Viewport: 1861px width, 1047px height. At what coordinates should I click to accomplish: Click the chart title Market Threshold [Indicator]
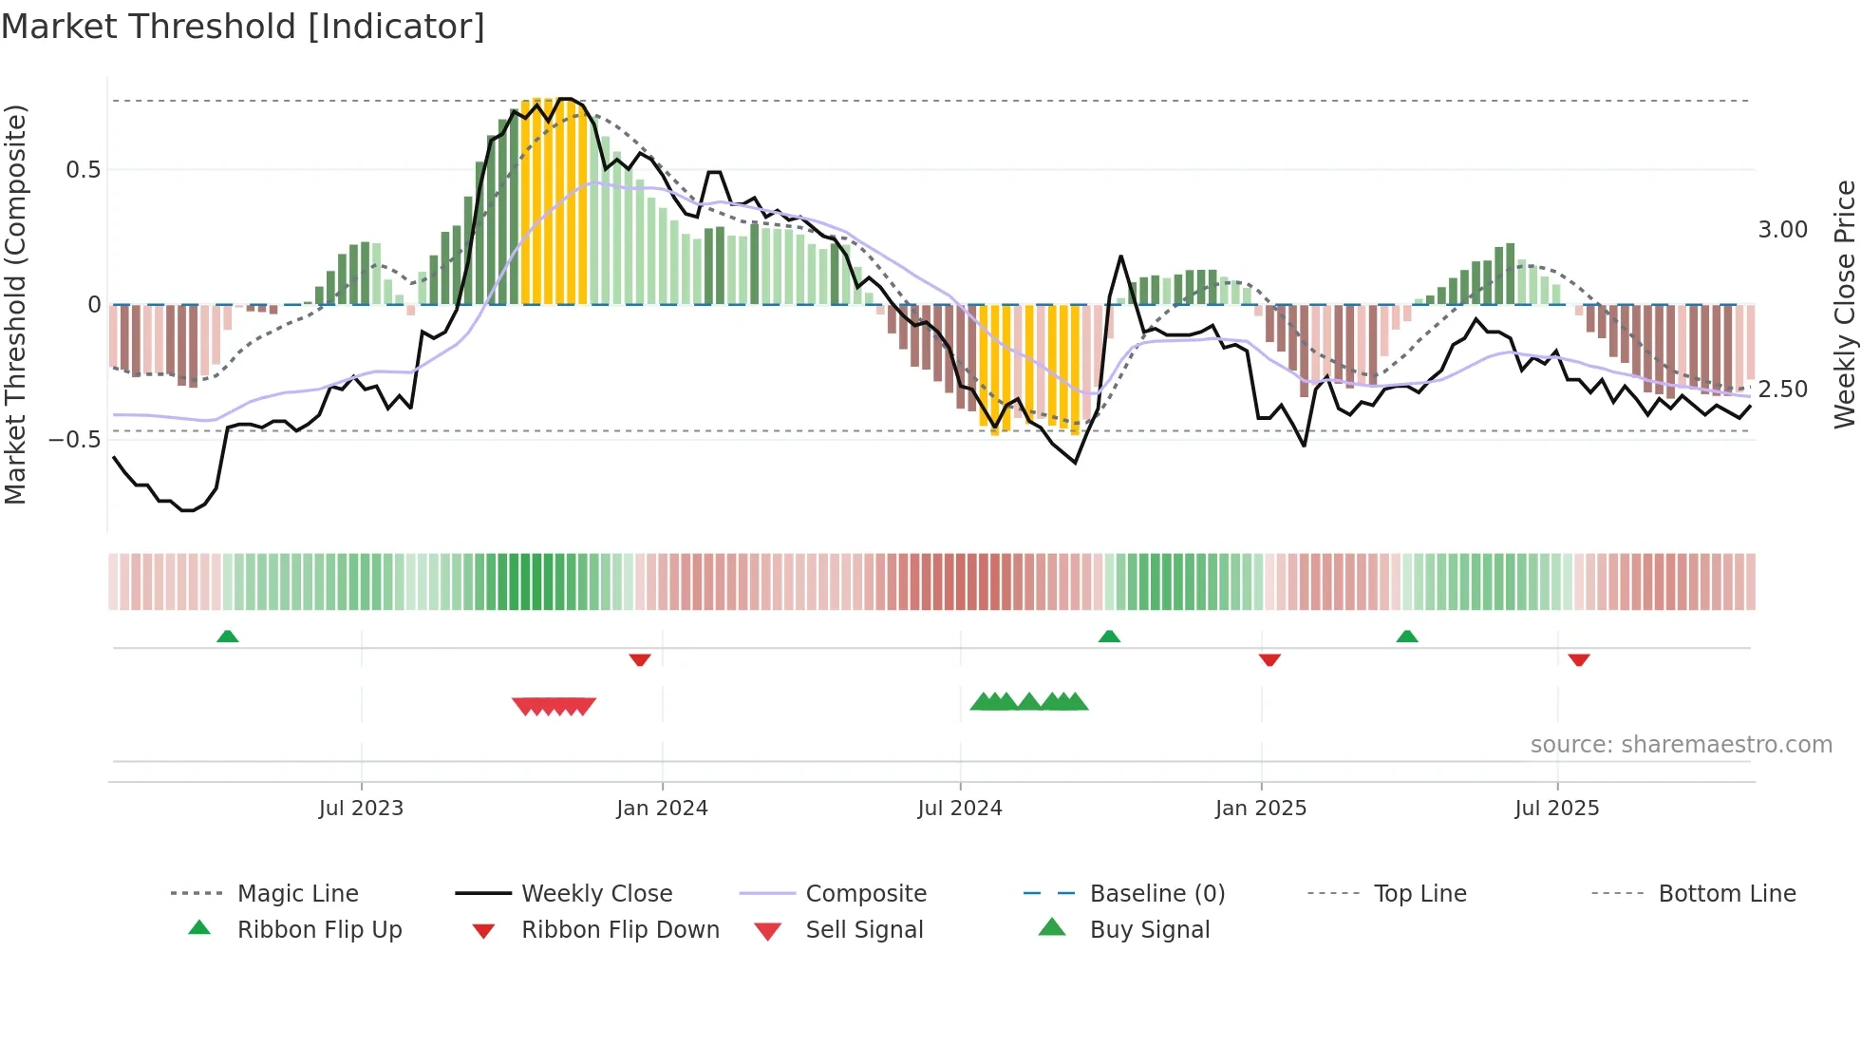(x=243, y=27)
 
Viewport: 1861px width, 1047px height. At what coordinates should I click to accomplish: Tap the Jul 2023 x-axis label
(x=361, y=809)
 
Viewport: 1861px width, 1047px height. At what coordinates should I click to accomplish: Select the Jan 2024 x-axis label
(x=662, y=809)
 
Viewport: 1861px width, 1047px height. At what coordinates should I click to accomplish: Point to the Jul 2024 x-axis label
(x=960, y=809)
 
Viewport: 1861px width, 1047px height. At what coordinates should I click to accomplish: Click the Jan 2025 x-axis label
(x=1261, y=809)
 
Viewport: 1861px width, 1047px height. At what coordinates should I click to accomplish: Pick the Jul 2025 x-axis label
(x=1557, y=809)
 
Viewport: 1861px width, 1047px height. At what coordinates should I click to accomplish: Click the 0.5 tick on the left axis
(x=84, y=170)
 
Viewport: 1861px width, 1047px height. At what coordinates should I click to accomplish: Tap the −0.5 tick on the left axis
(x=76, y=440)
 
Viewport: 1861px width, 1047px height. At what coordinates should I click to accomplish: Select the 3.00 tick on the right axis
(x=1783, y=230)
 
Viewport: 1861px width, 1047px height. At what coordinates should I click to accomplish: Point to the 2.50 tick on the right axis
(x=1783, y=390)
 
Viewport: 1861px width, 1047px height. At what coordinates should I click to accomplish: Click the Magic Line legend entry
(x=297, y=894)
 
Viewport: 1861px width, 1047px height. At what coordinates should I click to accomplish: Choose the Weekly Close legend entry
(x=596, y=894)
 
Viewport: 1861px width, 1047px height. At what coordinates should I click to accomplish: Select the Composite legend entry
(x=866, y=894)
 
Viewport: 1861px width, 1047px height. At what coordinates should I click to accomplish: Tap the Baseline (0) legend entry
(x=1157, y=894)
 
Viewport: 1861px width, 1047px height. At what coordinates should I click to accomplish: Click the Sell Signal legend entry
(x=864, y=930)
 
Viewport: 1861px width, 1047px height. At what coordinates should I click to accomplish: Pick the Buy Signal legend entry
(x=1150, y=930)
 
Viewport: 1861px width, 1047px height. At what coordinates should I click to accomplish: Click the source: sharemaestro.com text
(x=1681, y=745)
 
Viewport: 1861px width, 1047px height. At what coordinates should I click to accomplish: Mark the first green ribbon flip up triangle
(x=227, y=637)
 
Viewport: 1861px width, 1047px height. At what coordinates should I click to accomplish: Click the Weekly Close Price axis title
(x=1844, y=304)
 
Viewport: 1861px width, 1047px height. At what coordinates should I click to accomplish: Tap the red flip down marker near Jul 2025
(x=1579, y=659)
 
